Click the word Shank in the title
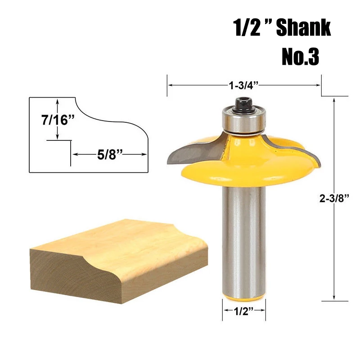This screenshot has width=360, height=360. [x=303, y=27]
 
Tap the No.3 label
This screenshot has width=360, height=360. [x=300, y=57]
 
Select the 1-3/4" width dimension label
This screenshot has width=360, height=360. [x=243, y=85]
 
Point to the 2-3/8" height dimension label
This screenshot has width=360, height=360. [x=334, y=198]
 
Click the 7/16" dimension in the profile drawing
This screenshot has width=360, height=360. [x=58, y=120]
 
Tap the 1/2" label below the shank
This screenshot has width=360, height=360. [x=243, y=311]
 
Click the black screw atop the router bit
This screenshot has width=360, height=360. [x=243, y=105]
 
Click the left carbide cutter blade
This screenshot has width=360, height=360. [x=194, y=152]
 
